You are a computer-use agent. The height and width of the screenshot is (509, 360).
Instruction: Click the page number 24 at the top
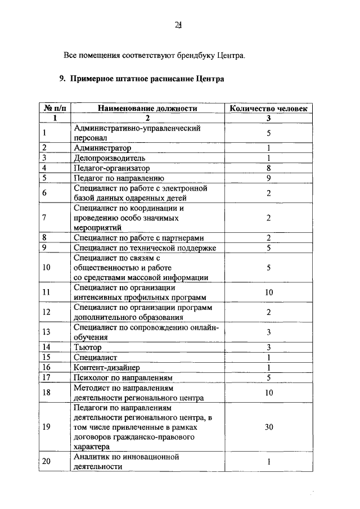(x=178, y=24)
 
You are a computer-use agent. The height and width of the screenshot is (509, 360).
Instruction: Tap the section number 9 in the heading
(x=62, y=79)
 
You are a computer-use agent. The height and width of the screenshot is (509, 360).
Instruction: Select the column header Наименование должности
(x=147, y=108)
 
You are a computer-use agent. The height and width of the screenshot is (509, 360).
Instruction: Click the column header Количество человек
(x=269, y=108)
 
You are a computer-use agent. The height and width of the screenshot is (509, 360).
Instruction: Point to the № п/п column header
(x=55, y=108)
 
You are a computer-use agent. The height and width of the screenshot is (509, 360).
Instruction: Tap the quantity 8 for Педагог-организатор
(x=269, y=168)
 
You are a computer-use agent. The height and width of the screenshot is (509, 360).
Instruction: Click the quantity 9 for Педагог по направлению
(x=269, y=178)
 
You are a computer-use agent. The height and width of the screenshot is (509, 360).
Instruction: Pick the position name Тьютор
(x=88, y=347)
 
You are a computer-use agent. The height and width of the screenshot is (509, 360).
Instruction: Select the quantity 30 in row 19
(x=269, y=427)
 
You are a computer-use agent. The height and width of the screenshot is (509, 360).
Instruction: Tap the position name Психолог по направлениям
(x=123, y=377)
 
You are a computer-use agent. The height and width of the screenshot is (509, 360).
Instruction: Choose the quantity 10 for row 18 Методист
(x=269, y=393)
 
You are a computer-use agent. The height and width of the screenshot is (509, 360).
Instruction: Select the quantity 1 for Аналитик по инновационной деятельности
(x=269, y=462)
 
